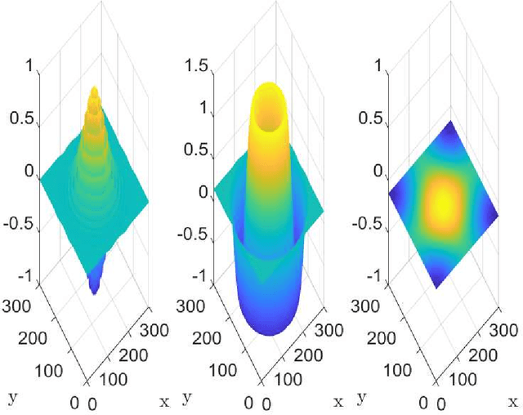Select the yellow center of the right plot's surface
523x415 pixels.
coord(443,200)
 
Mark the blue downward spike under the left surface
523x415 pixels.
coord(94,282)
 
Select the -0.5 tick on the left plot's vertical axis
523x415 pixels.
coord(21,224)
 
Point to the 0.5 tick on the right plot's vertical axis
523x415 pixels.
coord(372,118)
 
